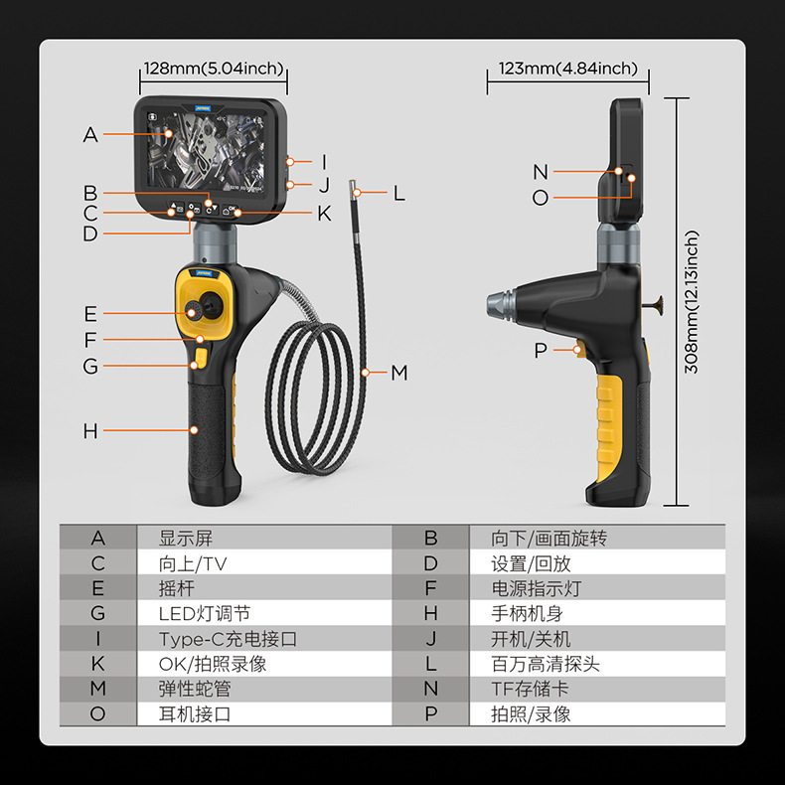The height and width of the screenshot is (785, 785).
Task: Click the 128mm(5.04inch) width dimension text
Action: (x=214, y=69)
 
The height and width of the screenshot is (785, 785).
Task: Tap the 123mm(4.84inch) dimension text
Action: (x=568, y=69)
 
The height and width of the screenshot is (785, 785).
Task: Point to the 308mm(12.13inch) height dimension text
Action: (x=693, y=302)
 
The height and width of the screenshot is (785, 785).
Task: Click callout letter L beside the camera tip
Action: (x=399, y=194)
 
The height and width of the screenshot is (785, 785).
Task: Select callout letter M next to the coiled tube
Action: (x=399, y=373)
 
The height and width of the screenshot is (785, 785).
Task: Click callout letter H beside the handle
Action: (x=90, y=431)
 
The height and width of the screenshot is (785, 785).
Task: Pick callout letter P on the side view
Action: (x=541, y=350)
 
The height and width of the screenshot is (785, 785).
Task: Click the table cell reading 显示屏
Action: (x=186, y=539)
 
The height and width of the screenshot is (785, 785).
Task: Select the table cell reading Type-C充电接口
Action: (x=228, y=639)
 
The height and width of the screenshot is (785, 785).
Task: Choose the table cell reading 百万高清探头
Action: (x=546, y=664)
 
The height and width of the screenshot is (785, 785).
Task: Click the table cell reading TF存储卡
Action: (x=531, y=689)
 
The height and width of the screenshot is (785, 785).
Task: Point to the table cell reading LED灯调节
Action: (x=205, y=614)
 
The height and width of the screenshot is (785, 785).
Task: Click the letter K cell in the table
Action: (x=97, y=664)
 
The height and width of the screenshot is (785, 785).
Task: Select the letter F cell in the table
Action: (x=430, y=588)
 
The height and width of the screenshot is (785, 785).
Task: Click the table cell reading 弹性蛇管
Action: (x=195, y=689)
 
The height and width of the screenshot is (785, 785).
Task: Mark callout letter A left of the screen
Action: (x=90, y=135)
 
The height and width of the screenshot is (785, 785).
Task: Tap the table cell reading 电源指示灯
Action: (x=537, y=588)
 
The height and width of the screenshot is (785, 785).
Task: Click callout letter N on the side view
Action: (x=541, y=173)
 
